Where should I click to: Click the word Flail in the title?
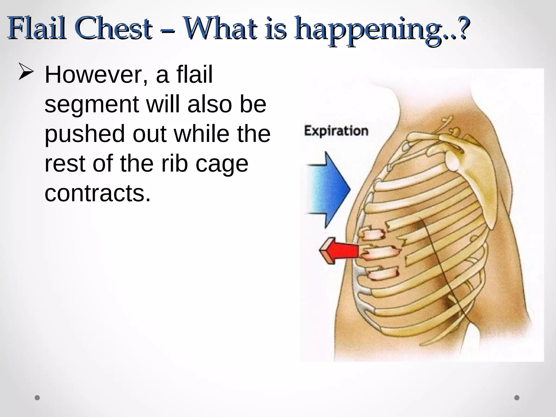(x=37, y=29)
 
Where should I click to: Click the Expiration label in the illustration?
(x=336, y=131)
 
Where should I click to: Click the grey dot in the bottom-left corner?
(x=37, y=398)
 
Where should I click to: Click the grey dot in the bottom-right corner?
(x=517, y=398)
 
